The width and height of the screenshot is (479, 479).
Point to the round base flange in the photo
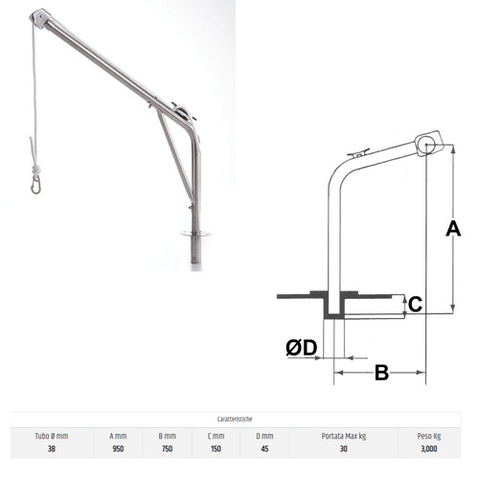coord(195,234)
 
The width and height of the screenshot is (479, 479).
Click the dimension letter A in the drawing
coord(453,229)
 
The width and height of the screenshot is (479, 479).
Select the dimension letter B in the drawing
coord(381,373)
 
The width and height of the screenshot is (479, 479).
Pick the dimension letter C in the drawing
coord(415,304)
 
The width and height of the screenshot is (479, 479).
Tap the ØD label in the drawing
coord(302,348)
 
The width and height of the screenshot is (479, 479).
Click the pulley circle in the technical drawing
coord(426,145)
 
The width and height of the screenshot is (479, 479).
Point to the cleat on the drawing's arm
coord(358,152)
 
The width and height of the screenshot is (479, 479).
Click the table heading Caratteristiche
coord(235,419)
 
